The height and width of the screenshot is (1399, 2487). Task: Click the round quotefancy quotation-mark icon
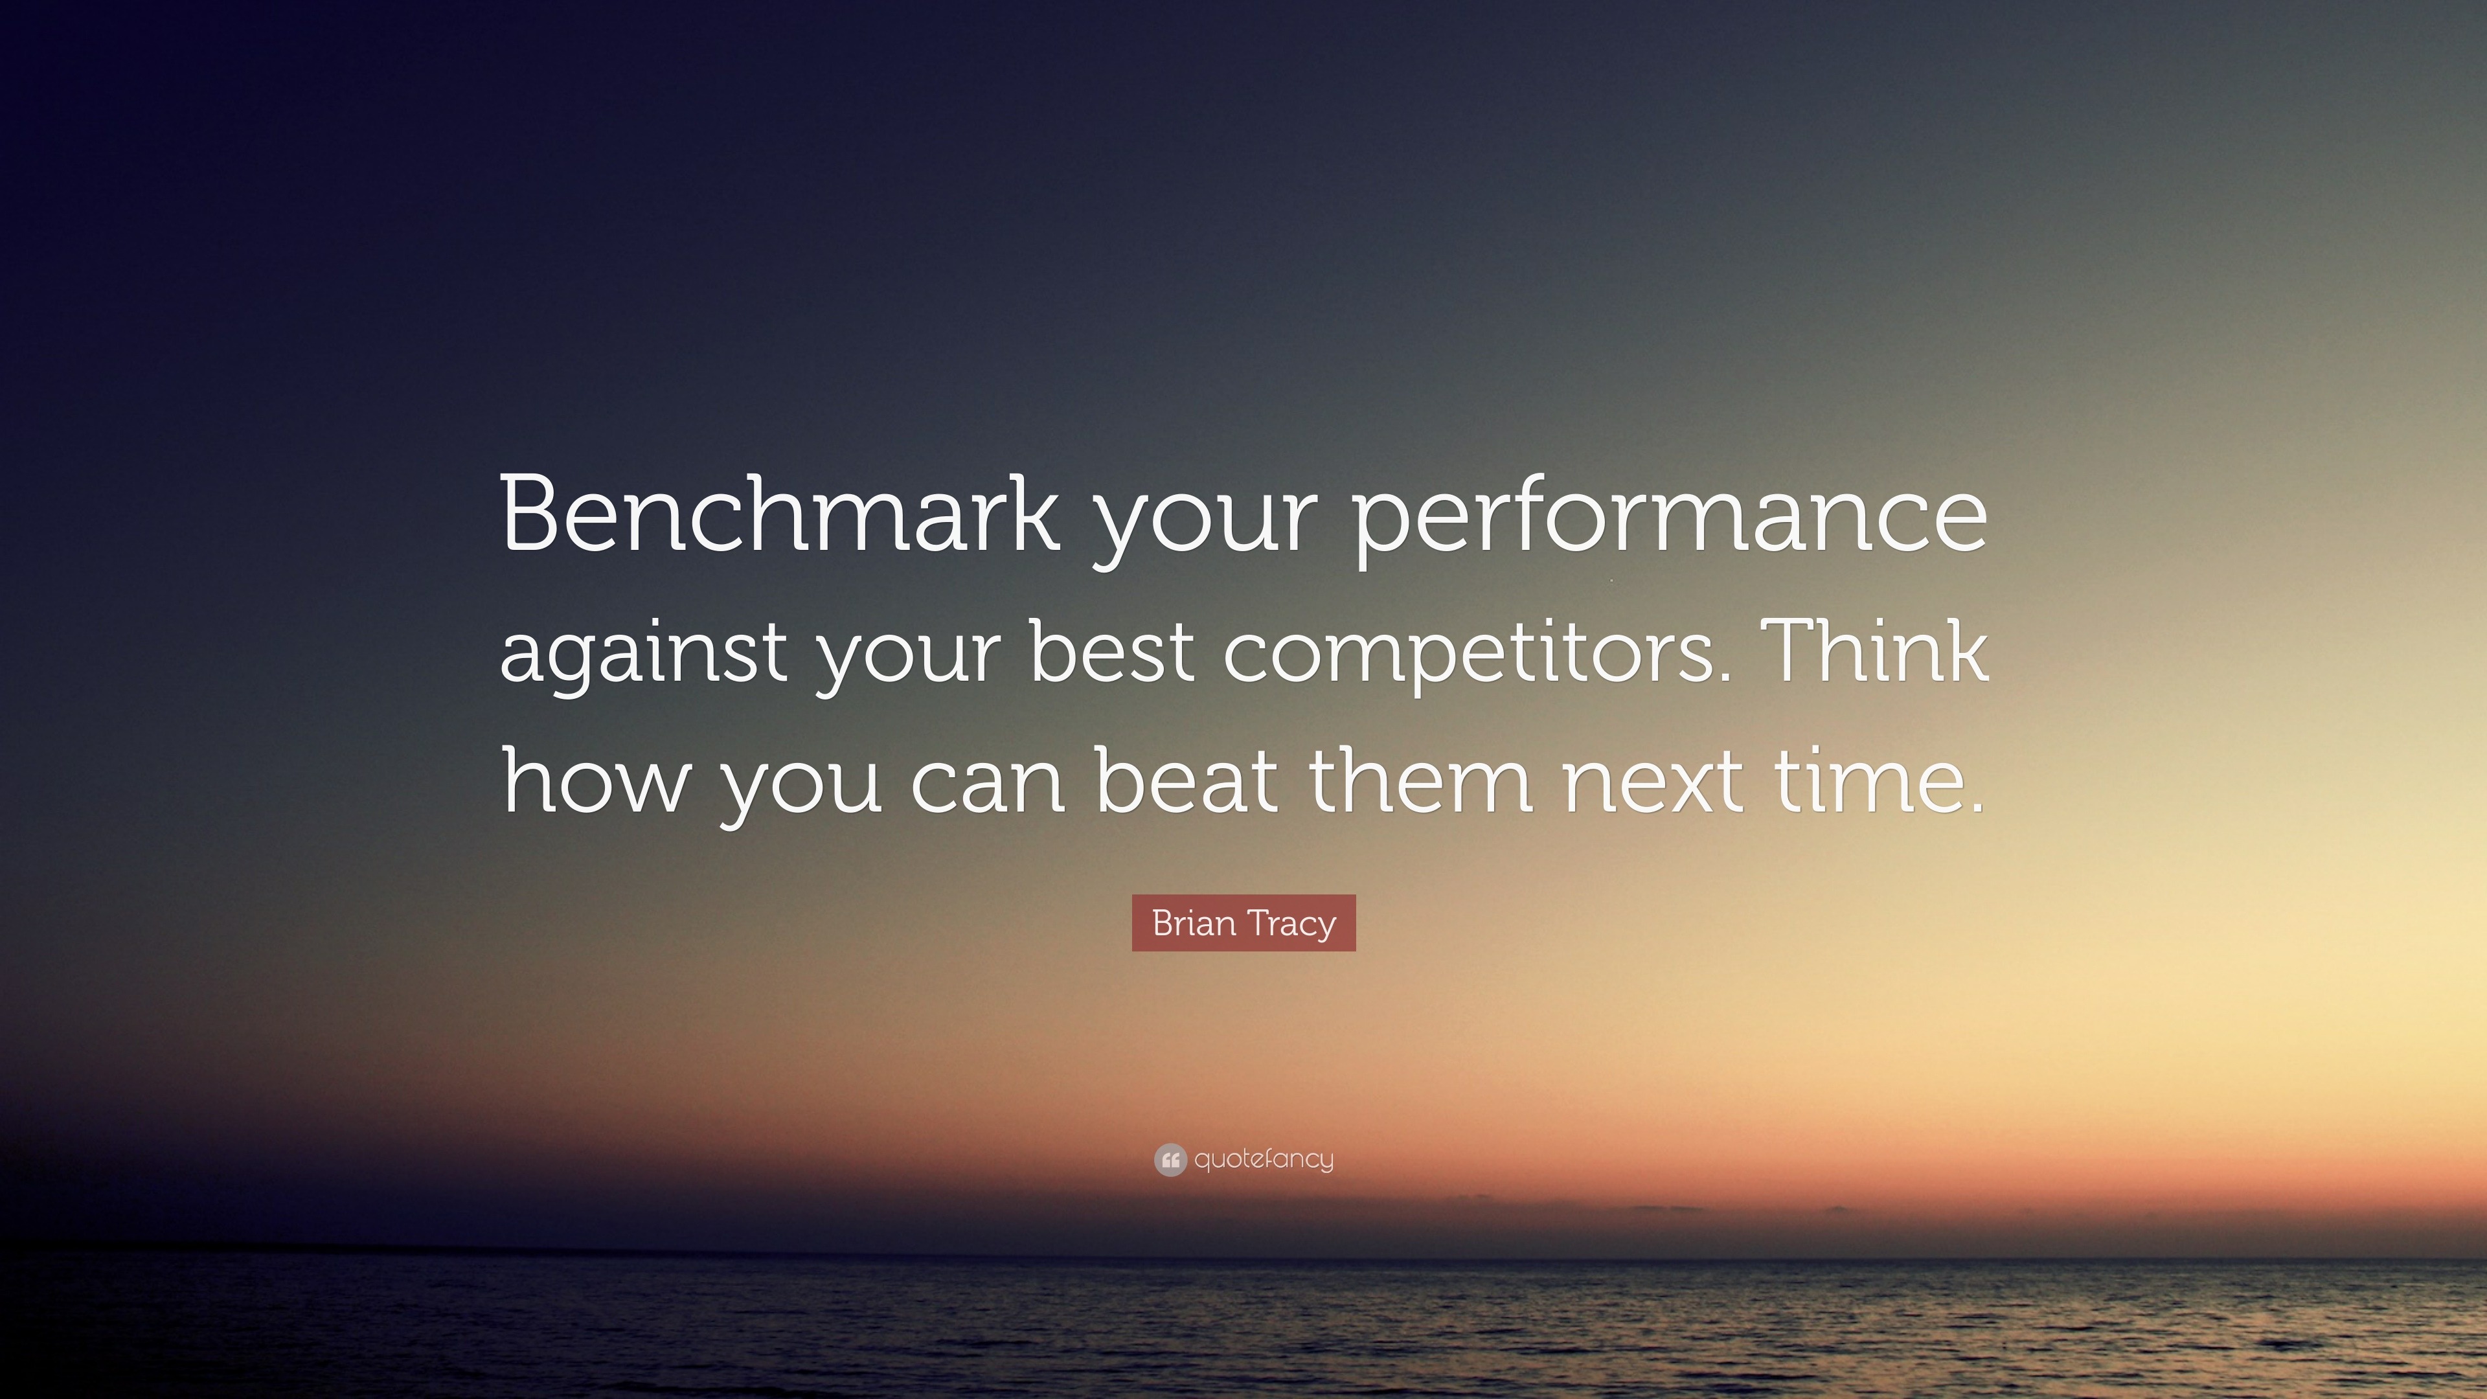[x=1170, y=1159]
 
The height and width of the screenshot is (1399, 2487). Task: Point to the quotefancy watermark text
[x=1264, y=1159]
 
